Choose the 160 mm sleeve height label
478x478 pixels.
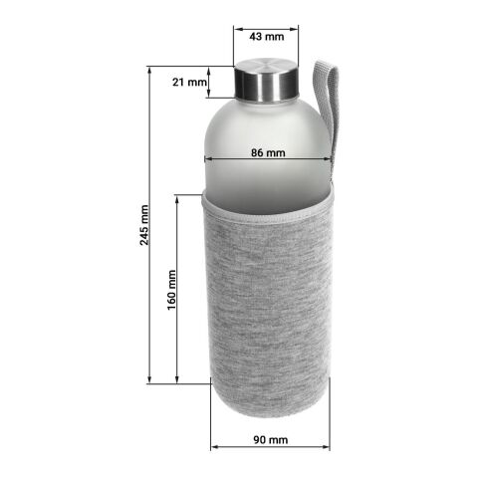pyautogui.click(x=171, y=290)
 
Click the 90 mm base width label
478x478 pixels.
pyautogui.click(x=269, y=440)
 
